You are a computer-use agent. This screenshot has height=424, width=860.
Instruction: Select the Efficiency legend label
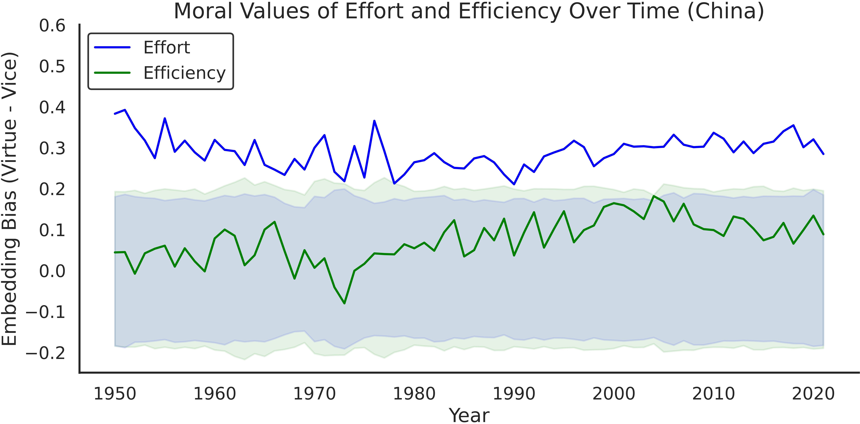[x=184, y=73]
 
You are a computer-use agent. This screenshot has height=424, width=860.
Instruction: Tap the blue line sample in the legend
[x=112, y=47]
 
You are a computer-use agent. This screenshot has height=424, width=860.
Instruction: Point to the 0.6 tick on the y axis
[x=52, y=26]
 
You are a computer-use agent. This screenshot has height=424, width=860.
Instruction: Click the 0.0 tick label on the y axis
[x=52, y=271]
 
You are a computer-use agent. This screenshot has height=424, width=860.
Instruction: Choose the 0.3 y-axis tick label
[x=52, y=149]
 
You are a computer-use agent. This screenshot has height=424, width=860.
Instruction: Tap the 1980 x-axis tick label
[x=414, y=394]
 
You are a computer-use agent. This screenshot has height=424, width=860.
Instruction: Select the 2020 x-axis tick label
[x=813, y=394]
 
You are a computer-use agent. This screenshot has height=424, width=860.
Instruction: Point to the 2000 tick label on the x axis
[x=614, y=394]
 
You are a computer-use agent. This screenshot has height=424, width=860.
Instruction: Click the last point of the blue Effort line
[x=823, y=154]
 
